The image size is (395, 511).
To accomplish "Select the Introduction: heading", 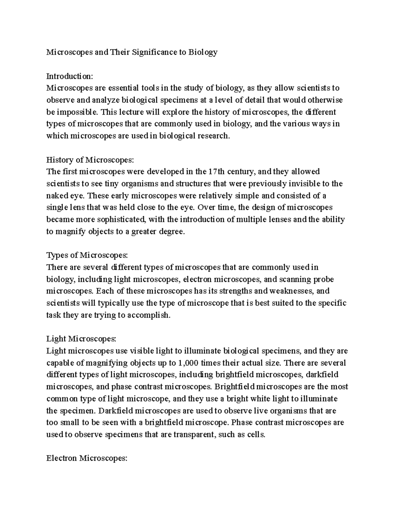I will pos(70,76).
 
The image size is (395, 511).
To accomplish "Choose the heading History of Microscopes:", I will pos(91,160).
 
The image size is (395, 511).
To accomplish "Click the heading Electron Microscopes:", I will pos(87,458).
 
